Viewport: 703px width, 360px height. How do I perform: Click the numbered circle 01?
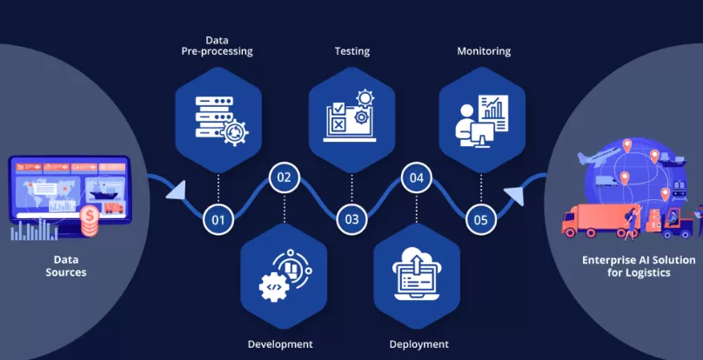[218, 219]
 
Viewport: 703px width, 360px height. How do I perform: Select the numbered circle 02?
[284, 177]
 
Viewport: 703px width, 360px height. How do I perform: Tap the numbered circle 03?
[351, 219]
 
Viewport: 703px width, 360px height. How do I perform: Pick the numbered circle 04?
[417, 177]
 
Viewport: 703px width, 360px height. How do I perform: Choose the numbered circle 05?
[481, 219]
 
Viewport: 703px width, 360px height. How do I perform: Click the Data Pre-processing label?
[218, 45]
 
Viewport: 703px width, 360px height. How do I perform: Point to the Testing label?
[351, 51]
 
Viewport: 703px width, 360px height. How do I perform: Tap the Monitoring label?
[484, 51]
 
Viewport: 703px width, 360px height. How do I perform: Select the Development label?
[280, 343]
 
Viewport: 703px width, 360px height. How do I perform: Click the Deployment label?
[419, 343]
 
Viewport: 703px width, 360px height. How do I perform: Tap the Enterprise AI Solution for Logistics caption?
[639, 266]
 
